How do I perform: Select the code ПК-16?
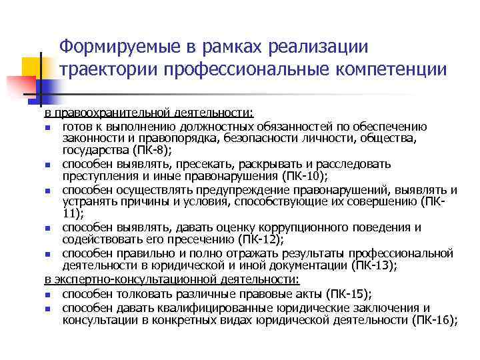coord(432,320)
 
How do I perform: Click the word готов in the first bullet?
coord(77,126)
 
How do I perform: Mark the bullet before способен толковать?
coord(48,294)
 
